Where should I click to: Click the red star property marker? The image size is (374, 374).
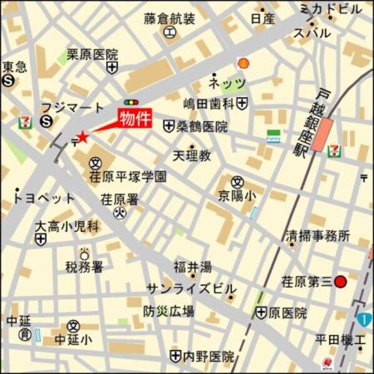82,137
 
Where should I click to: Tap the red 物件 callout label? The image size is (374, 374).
134,118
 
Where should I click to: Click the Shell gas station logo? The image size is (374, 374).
243,63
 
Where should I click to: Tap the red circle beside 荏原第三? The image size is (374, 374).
340,282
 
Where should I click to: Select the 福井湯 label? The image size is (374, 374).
192,267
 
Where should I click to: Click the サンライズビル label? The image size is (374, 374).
191,289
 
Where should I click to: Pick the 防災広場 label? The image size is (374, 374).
168,311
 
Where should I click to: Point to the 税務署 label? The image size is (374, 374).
84,267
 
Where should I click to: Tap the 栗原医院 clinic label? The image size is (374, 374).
92,54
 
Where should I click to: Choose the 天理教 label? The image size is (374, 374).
191,153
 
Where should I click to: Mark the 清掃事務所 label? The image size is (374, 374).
318,236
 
